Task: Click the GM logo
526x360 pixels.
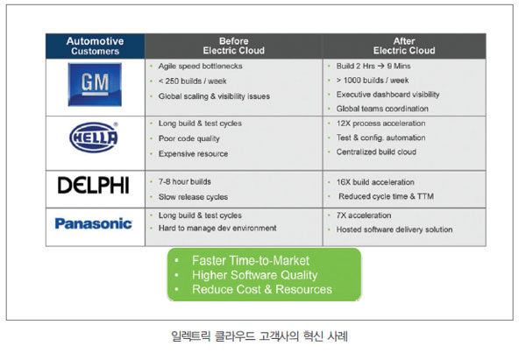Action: [95, 84]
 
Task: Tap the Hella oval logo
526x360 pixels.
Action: [94, 138]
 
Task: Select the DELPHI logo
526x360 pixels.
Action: [94, 185]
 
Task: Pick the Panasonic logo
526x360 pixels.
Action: [94, 223]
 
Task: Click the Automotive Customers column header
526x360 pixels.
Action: [96, 46]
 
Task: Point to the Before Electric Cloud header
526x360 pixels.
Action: [234, 46]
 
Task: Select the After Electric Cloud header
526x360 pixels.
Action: [404, 46]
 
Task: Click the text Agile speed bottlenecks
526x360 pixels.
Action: [200, 66]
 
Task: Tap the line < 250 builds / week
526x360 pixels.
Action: [193, 81]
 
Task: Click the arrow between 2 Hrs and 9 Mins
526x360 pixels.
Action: [380, 66]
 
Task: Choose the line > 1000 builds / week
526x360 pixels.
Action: [373, 81]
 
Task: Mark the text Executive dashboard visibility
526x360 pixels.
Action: [387, 95]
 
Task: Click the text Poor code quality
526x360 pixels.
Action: [189, 138]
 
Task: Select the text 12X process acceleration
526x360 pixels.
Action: [380, 124]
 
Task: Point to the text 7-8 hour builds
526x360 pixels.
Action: [185, 181]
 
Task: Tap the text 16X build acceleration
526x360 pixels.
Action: [375, 182]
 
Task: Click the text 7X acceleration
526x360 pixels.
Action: [364, 215]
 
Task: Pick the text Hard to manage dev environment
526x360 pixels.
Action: [217, 229]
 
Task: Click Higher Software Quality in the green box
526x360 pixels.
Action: [254, 275]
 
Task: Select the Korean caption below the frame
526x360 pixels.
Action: [259, 335]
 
